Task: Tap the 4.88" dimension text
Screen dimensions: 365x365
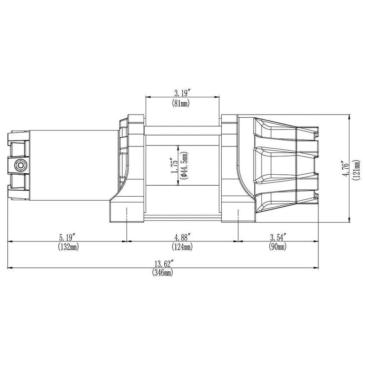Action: [x=182, y=237]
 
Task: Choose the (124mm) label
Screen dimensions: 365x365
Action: [x=182, y=247]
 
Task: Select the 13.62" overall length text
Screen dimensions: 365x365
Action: [x=163, y=264]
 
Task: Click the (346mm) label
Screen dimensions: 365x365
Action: [x=163, y=273]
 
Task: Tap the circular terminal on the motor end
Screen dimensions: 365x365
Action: [x=20, y=165]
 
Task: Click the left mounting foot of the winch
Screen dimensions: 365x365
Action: [x=125, y=212]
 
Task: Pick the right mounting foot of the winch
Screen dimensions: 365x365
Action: [x=237, y=212]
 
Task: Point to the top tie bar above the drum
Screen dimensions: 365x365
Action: [x=182, y=133]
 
